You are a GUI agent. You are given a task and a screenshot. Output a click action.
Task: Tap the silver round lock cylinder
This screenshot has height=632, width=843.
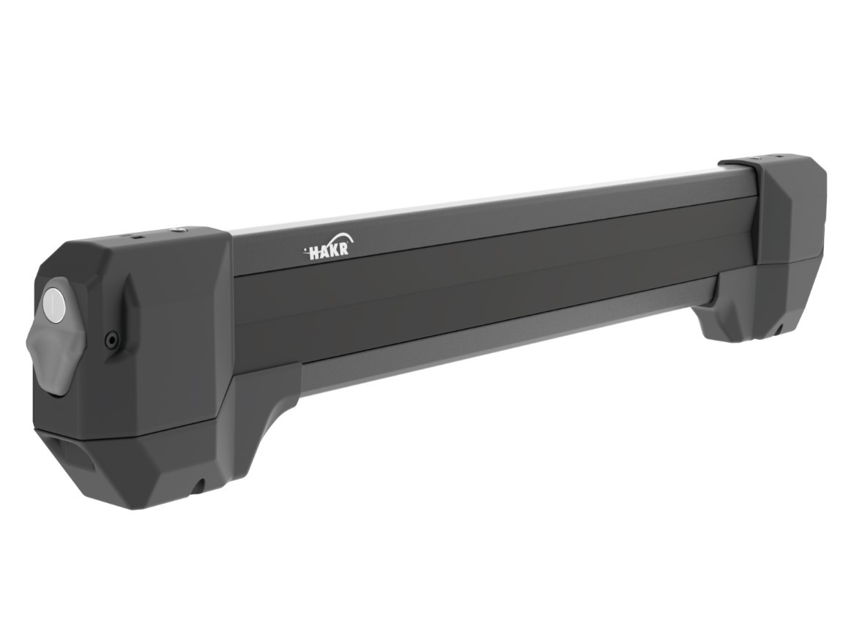tap(53, 304)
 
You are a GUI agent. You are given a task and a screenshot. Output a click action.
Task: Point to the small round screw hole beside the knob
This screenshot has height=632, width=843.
tap(111, 341)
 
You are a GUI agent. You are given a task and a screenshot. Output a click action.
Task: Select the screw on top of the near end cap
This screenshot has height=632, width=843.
tap(177, 230)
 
